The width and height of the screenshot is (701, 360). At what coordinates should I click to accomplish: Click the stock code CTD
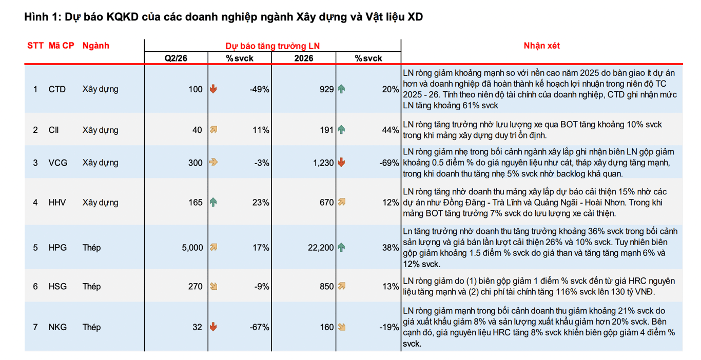(x=57, y=89)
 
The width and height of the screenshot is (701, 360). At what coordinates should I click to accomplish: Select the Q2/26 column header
(x=176, y=58)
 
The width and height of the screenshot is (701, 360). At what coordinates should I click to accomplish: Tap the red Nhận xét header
(x=541, y=46)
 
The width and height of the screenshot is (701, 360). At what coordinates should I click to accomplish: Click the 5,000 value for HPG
(x=192, y=248)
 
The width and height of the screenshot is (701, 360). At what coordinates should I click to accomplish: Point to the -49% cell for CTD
(x=260, y=89)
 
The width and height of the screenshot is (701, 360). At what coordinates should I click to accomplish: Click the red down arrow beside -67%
(x=213, y=327)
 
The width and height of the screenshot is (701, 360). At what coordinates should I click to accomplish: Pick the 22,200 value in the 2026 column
(x=321, y=248)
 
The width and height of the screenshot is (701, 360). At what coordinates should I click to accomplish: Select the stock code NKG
(x=57, y=327)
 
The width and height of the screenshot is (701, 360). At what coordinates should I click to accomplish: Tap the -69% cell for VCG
(x=390, y=163)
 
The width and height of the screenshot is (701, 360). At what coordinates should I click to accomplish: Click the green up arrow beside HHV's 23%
(x=213, y=202)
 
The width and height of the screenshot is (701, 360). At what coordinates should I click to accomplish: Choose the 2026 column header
(x=304, y=58)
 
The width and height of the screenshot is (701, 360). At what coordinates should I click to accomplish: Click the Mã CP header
(x=62, y=46)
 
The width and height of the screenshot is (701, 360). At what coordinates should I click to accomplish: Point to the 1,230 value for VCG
(x=323, y=163)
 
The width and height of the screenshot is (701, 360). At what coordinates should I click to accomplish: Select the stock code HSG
(x=57, y=287)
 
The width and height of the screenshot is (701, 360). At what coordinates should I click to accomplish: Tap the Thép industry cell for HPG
(x=91, y=248)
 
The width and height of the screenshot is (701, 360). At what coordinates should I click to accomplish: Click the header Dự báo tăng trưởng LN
(x=272, y=46)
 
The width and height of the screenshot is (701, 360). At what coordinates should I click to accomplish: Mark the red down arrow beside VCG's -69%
(x=341, y=163)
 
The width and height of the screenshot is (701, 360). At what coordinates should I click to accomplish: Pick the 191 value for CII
(x=327, y=130)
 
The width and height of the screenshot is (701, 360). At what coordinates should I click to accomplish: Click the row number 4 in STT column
(x=35, y=203)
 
